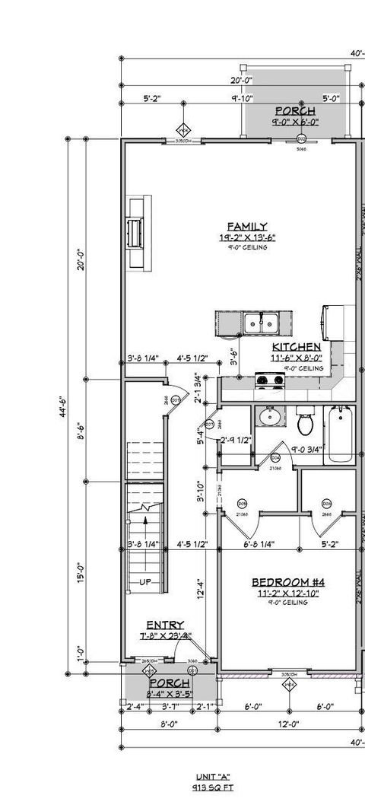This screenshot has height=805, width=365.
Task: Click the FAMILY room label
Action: pos(247,226)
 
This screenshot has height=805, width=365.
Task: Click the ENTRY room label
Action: pos(164,625)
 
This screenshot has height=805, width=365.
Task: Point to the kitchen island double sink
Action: pos(262,323)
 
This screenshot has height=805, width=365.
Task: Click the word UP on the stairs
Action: pos(144,583)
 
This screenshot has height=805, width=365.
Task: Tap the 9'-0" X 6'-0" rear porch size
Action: pos(295,122)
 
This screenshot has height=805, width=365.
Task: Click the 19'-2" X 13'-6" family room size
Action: pos(247,237)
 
